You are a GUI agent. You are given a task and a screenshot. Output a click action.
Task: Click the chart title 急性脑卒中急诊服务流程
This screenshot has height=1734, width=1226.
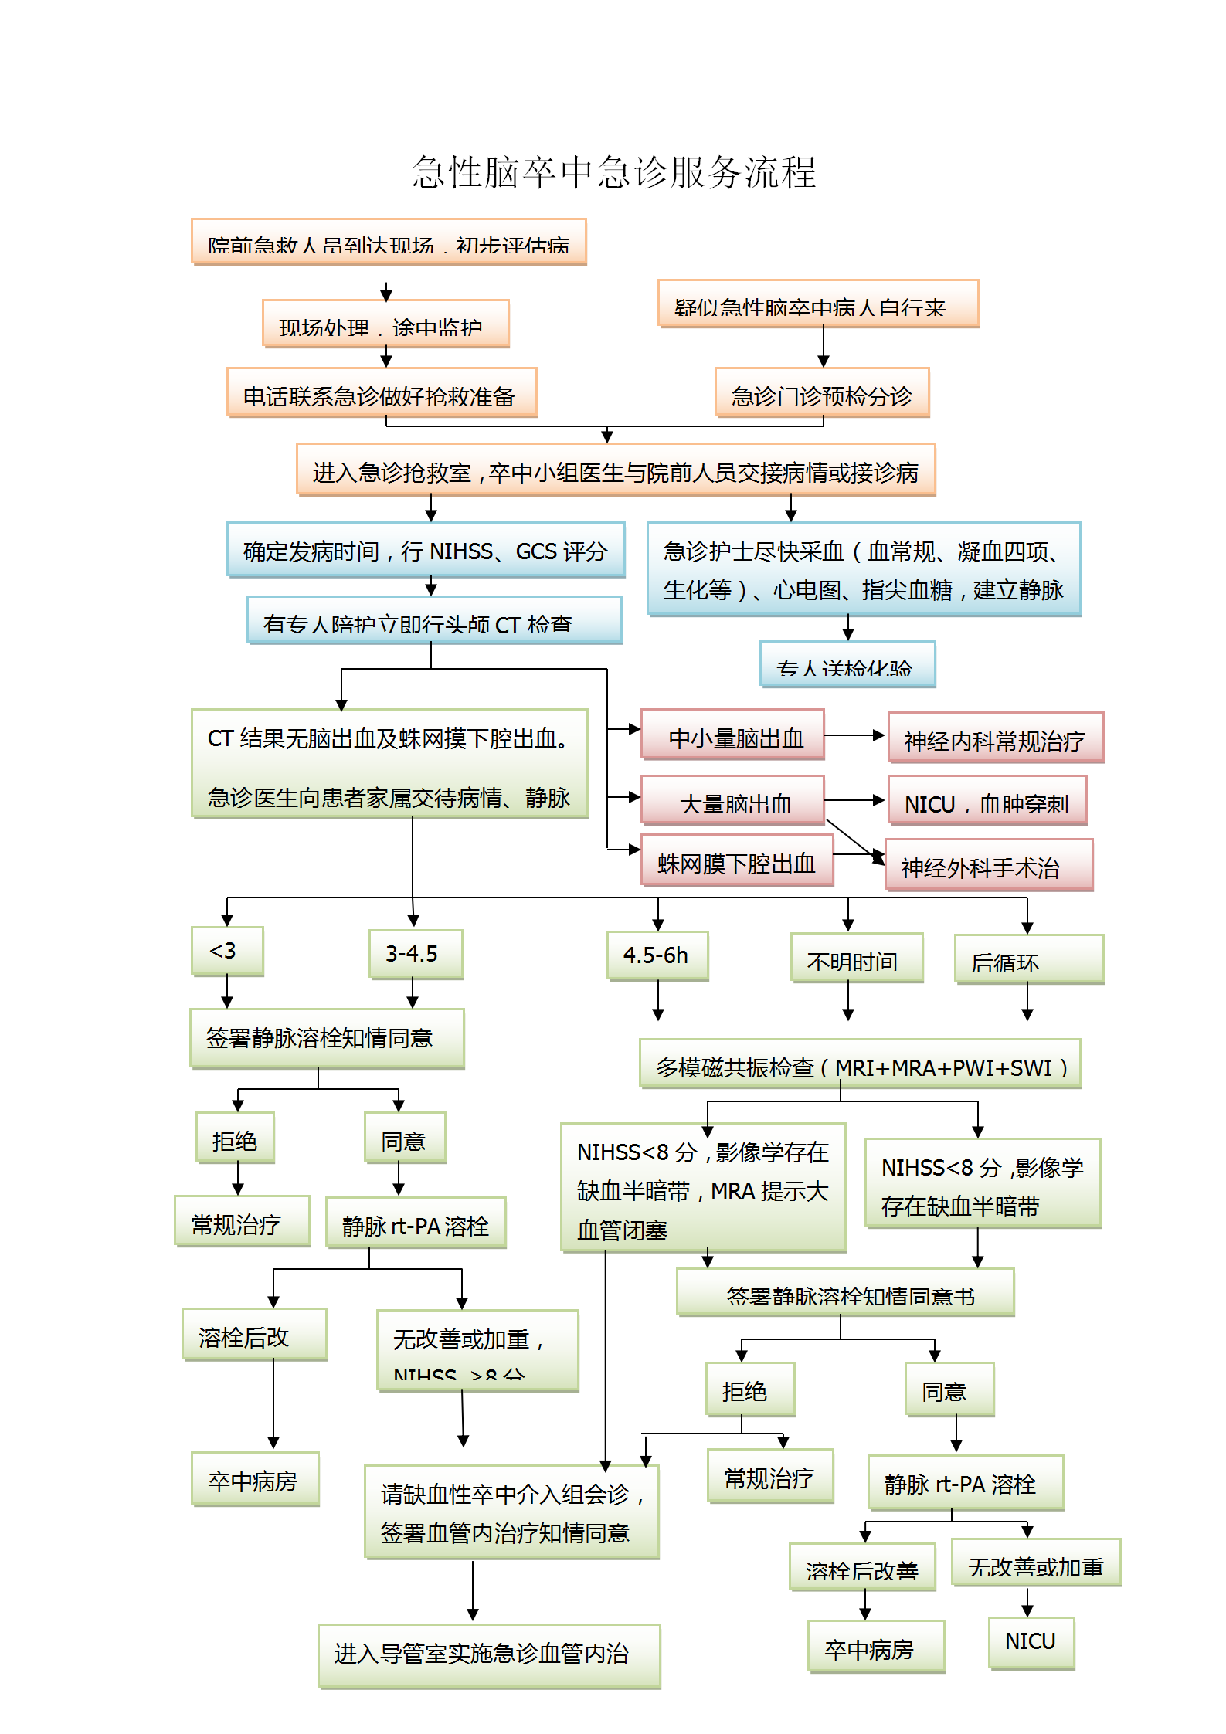[x=613, y=171]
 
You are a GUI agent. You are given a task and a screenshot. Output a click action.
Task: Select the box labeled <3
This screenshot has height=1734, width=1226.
[x=227, y=951]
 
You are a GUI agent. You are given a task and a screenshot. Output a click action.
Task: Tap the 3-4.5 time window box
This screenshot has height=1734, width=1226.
[x=416, y=954]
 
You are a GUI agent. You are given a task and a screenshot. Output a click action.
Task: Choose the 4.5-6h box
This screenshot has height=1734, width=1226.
[x=657, y=955]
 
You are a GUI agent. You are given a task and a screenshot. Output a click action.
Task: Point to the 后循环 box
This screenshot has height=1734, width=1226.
[x=1028, y=959]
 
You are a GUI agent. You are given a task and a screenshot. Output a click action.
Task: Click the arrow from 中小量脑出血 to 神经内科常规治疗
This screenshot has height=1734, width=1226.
[x=854, y=735]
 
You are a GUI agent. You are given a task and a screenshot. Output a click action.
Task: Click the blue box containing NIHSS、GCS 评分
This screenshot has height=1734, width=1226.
[x=426, y=550]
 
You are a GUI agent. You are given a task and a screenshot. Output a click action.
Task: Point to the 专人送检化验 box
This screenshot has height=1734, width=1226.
[x=847, y=664]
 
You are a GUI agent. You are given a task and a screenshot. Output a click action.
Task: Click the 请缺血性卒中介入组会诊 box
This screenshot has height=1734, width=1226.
[x=511, y=1512]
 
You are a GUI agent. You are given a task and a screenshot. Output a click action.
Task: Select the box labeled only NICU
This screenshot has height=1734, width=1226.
[x=1031, y=1643]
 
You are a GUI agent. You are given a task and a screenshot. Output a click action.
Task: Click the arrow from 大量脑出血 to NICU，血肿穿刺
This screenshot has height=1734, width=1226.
[x=854, y=801]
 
